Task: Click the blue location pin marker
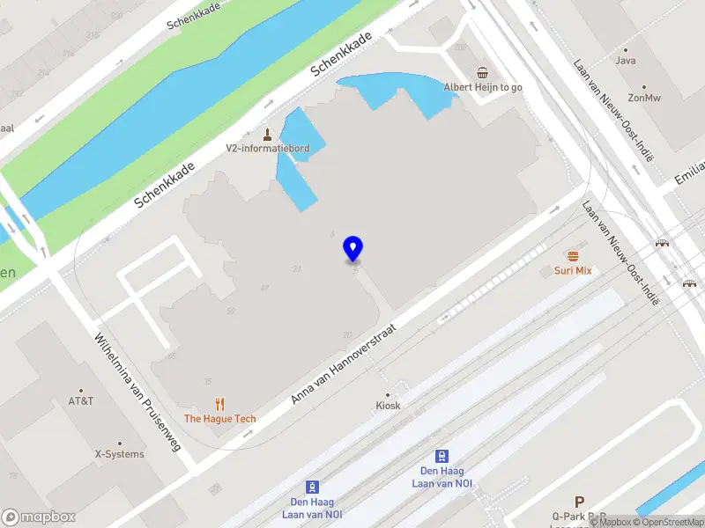(352, 249)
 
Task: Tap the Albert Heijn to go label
(482, 87)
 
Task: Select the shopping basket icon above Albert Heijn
(482, 72)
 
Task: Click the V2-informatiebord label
(267, 149)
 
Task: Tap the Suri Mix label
(573, 271)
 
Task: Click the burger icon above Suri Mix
(573, 256)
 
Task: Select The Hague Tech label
(219, 419)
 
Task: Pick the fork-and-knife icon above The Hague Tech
(219, 404)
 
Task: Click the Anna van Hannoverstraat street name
(344, 363)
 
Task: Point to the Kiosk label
(388, 406)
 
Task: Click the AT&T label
(81, 401)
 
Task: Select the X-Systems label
(119, 455)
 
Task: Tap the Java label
(626, 62)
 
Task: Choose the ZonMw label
(644, 98)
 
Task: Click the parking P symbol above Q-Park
(579, 501)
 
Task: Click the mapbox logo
(37, 517)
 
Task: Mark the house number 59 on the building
(231, 311)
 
